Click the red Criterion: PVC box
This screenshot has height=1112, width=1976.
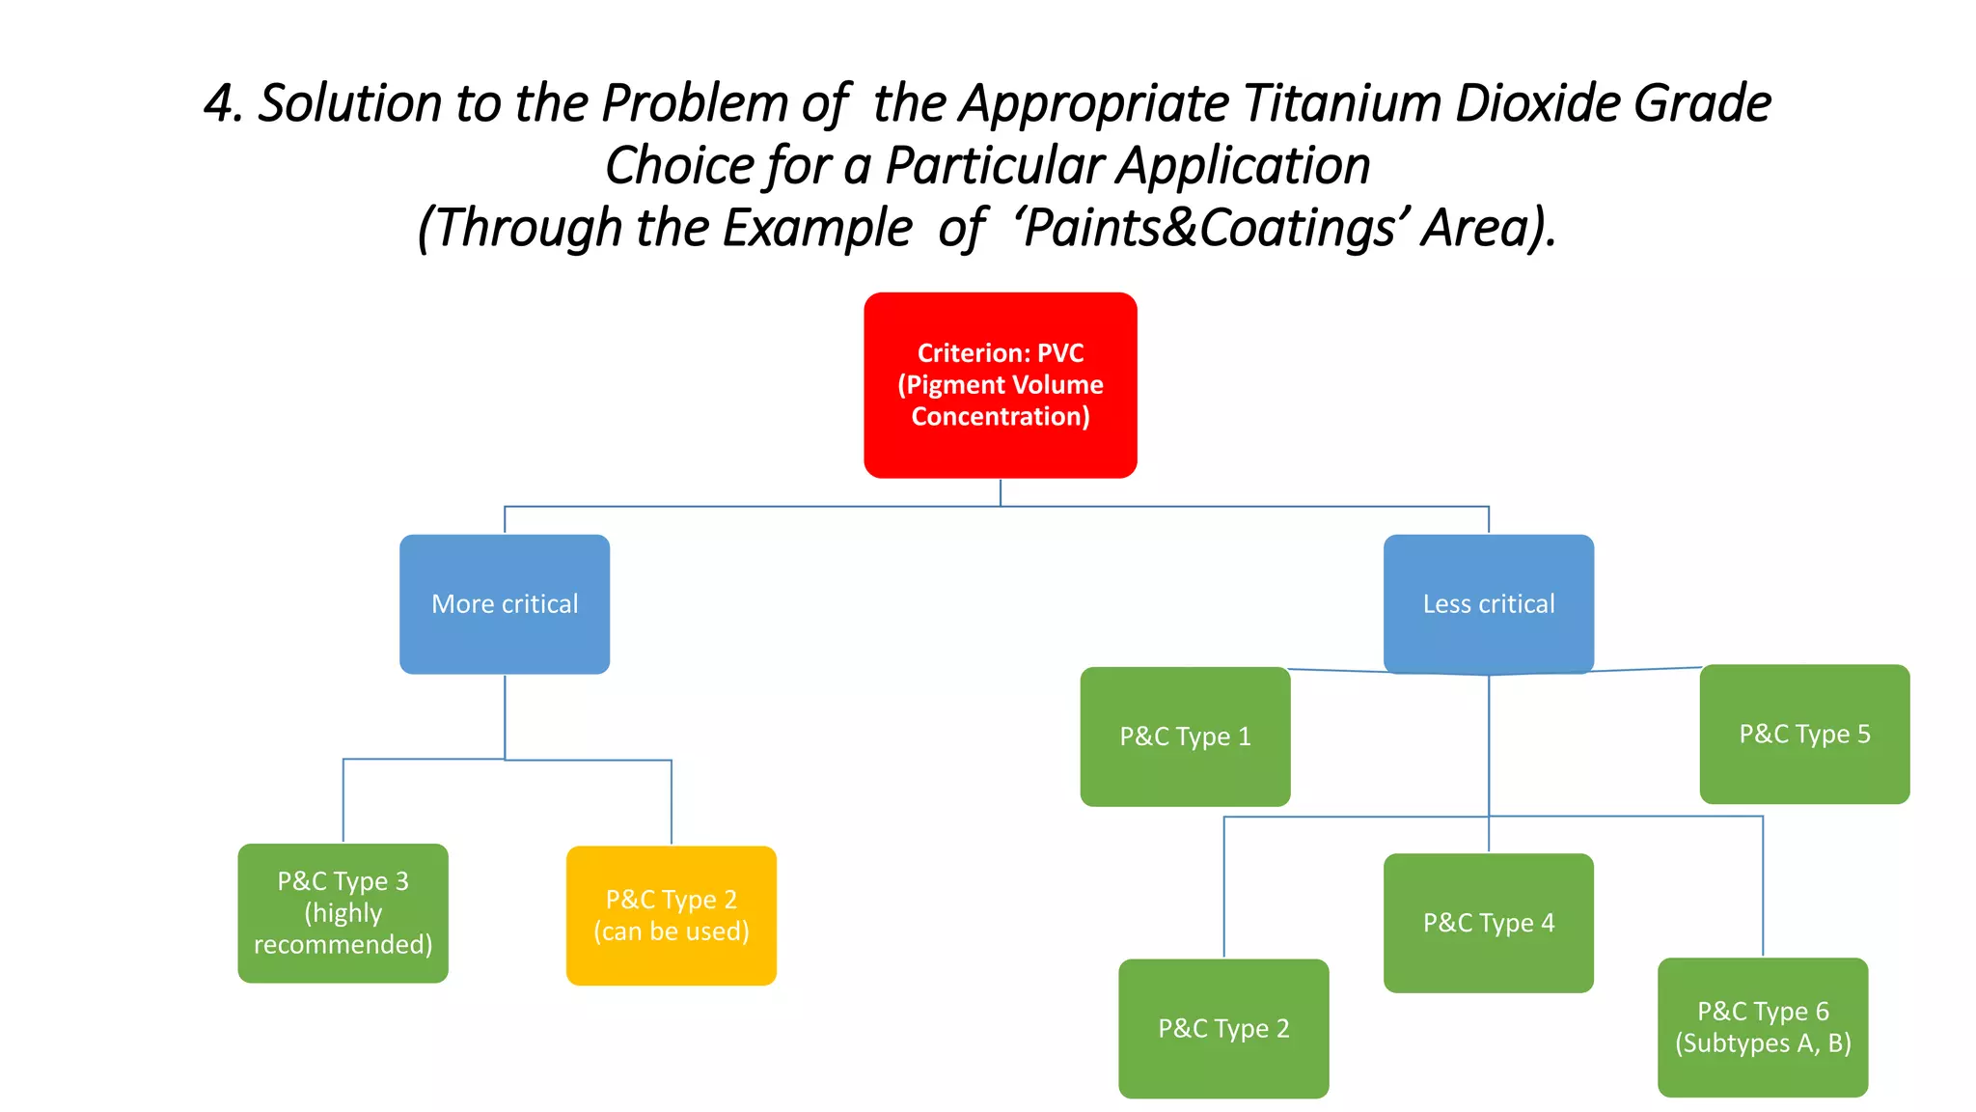(1000, 384)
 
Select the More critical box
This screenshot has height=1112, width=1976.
(505, 604)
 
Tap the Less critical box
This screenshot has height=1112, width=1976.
(1488, 604)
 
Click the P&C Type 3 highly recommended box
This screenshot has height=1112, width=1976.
(343, 913)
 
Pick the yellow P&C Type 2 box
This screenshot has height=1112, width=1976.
(671, 915)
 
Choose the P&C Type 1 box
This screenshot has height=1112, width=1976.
(1185, 737)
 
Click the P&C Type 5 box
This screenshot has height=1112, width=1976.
(1804, 734)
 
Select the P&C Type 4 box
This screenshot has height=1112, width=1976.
(1488, 923)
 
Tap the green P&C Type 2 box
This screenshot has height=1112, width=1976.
(1223, 1028)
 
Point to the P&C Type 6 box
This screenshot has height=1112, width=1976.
(1762, 1027)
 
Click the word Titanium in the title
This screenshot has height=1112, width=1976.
(1341, 103)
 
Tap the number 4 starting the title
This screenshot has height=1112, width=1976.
(223, 103)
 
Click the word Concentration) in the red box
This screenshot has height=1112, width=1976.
(1000, 416)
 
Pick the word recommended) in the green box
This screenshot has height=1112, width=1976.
(343, 944)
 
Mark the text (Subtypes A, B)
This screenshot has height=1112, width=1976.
(1762, 1043)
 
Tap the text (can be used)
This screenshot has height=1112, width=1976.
(671, 931)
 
